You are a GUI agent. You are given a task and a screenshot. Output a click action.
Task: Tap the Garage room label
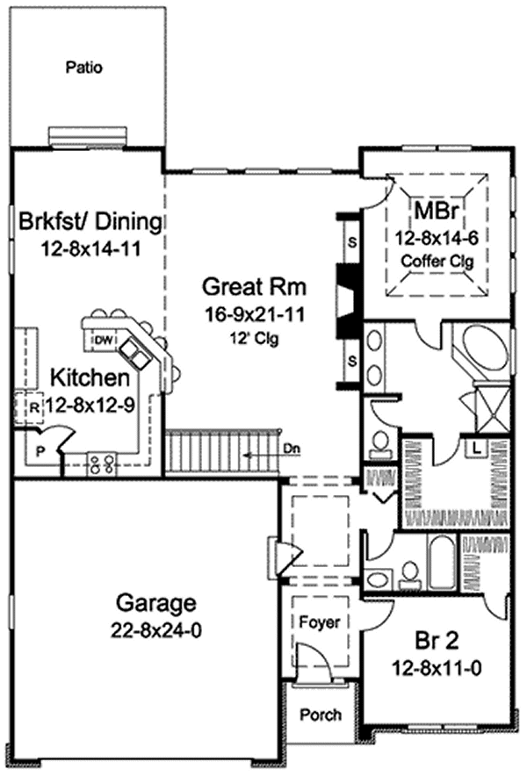click(153, 603)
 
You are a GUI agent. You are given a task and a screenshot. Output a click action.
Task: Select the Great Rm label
click(253, 286)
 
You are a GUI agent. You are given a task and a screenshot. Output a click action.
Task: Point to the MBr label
click(435, 212)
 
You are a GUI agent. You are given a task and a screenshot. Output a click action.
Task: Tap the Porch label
click(320, 715)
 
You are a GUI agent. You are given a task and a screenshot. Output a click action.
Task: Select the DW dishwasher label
click(102, 340)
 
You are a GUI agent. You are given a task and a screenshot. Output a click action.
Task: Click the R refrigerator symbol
click(32, 406)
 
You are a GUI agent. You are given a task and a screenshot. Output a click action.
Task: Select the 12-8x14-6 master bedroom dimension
click(436, 238)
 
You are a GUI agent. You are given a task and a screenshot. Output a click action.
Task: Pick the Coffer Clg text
click(435, 261)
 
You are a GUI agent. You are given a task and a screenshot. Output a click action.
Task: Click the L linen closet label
click(474, 446)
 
